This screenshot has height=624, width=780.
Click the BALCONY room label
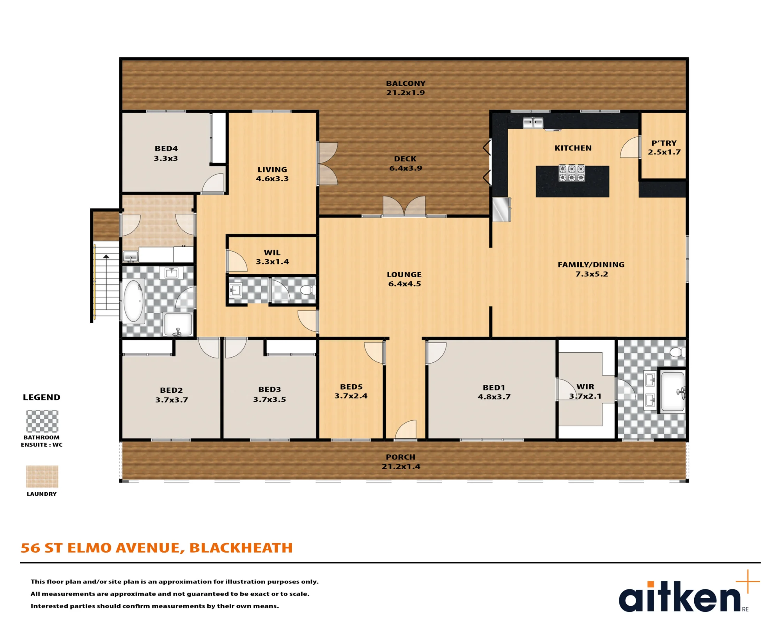[x=406, y=83]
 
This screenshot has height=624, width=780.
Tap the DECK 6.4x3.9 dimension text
[x=406, y=168]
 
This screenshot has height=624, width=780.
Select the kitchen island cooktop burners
[x=572, y=173]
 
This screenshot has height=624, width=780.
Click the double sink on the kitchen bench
[x=533, y=123]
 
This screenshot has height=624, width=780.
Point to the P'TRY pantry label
[x=664, y=143]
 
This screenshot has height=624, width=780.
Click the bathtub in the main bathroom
[x=133, y=301]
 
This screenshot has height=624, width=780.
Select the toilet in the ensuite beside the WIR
[x=677, y=352]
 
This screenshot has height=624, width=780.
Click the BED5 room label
[x=351, y=387]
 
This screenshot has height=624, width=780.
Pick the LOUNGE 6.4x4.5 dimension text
[x=405, y=284]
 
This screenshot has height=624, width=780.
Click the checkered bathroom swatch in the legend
[x=42, y=421]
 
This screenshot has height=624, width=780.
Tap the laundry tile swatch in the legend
[x=42, y=477]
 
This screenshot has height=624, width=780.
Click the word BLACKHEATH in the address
[x=241, y=548]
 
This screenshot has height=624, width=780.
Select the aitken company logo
[x=689, y=592]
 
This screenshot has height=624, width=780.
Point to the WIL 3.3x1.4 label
[x=272, y=257]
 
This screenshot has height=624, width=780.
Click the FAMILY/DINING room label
[x=591, y=265]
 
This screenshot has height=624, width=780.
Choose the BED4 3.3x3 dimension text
[x=166, y=158]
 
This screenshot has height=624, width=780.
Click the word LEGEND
[x=42, y=397]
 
